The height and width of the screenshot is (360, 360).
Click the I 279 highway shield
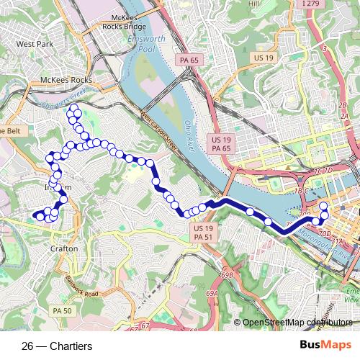pyautogui.click(x=330, y=4)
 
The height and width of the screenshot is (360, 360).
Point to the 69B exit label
pyautogui.click(x=228, y=274)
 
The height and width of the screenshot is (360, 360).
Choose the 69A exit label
pyautogui.click(x=211, y=294)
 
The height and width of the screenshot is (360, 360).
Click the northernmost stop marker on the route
pyautogui.click(x=72, y=108)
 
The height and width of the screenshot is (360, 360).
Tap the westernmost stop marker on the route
pyautogui.click(x=34, y=215)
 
